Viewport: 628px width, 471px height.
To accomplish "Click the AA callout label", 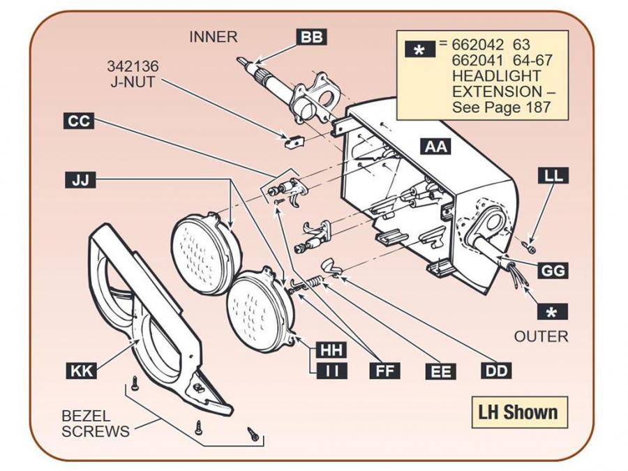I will coord(437,147).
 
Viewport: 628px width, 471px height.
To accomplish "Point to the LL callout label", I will coord(553,176).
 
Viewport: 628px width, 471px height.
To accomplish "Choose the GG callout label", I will coord(553,270).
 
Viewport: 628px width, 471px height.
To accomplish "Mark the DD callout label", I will coord(497,371).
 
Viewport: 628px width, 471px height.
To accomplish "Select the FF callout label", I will coord(386,371).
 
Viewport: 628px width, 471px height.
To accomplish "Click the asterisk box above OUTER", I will coord(553,312).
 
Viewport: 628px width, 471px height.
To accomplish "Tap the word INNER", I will coord(214,37).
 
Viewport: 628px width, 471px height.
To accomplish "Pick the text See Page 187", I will coord(501,107).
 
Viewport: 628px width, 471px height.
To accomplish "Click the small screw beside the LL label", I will coord(531,245).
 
